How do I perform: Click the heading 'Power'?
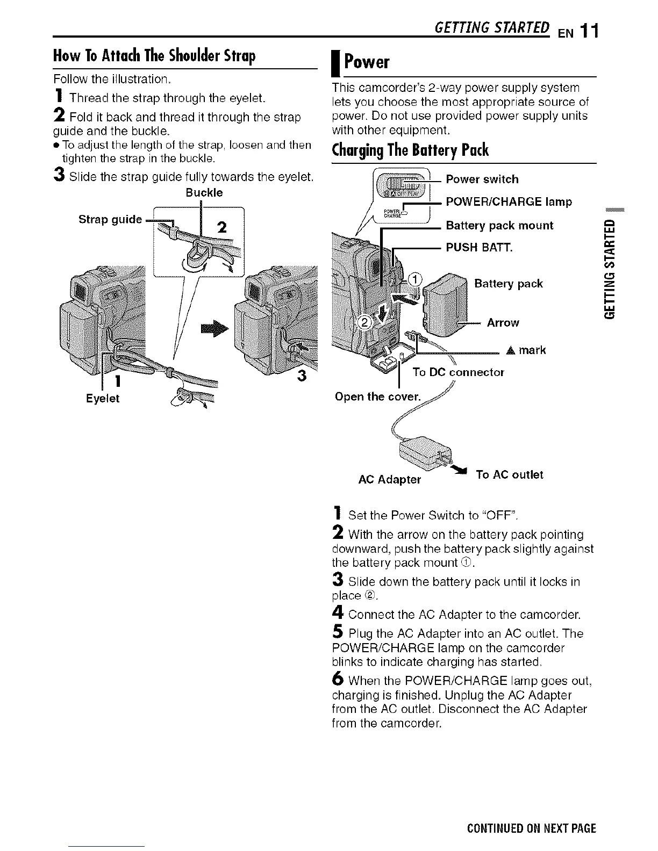(x=367, y=62)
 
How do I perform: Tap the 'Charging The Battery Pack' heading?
(x=411, y=150)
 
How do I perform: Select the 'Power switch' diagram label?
(x=482, y=179)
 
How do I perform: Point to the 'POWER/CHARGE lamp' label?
(x=509, y=202)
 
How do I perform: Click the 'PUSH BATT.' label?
(x=480, y=248)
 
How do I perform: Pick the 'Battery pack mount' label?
(x=499, y=226)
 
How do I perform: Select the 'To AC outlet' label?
(x=509, y=475)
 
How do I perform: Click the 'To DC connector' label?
(x=458, y=372)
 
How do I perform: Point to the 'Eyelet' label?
(x=103, y=399)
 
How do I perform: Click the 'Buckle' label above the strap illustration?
(x=204, y=193)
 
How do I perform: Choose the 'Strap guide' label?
(x=110, y=219)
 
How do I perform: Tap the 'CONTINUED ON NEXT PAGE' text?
(x=531, y=828)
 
